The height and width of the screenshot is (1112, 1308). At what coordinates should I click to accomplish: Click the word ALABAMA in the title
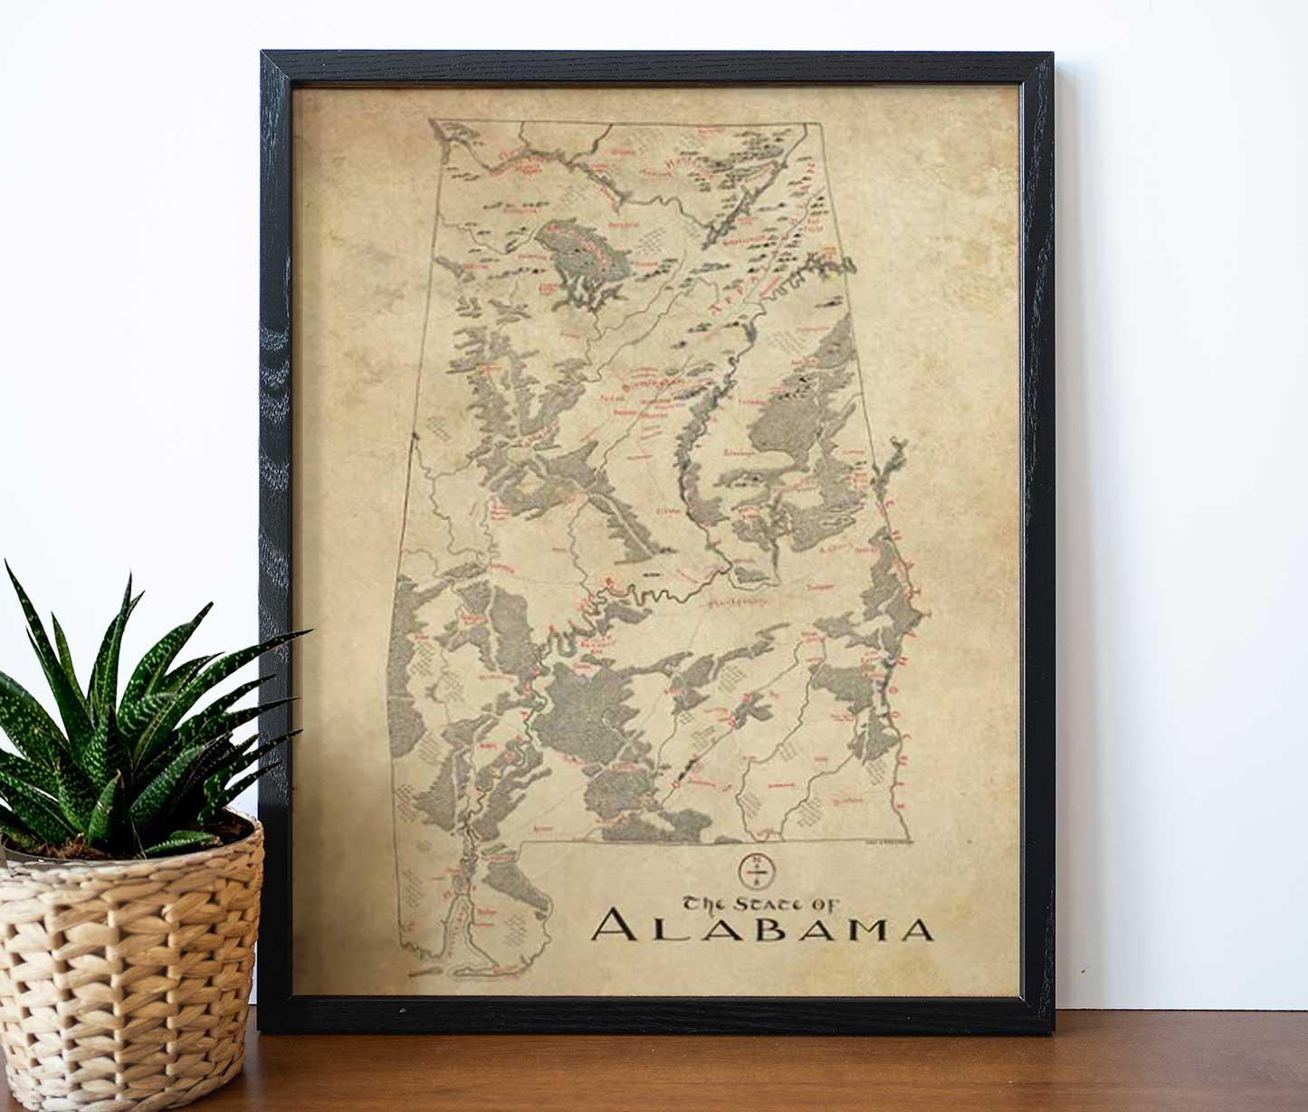pyautogui.click(x=763, y=929)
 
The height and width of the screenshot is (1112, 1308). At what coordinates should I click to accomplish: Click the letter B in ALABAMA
pyautogui.click(x=749, y=930)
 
